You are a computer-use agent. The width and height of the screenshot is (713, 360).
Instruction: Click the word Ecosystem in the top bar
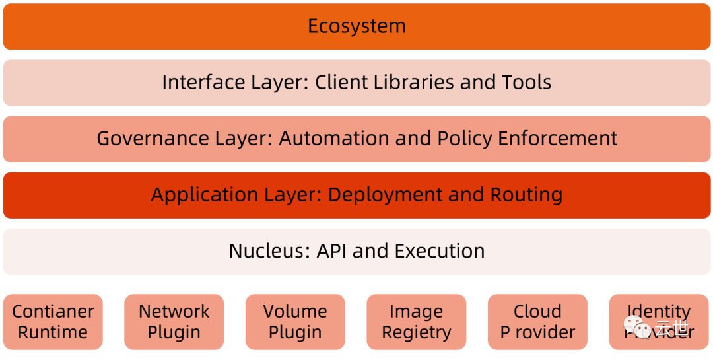(356, 26)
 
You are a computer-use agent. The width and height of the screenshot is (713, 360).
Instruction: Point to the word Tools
(525, 83)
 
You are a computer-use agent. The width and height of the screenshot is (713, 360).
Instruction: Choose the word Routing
(526, 196)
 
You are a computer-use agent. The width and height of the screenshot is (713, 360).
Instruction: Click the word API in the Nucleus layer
(333, 252)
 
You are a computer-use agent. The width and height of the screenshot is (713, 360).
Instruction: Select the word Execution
(440, 252)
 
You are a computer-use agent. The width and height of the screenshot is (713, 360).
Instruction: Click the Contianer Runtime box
(53, 322)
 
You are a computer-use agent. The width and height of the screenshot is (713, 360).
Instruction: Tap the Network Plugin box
(174, 322)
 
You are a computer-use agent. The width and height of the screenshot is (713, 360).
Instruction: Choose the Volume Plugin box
(295, 322)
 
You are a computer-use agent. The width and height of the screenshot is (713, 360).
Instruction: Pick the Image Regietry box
(417, 322)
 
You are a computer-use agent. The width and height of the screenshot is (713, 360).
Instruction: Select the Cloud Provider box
(537, 322)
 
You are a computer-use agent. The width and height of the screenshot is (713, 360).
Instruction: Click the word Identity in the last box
(659, 311)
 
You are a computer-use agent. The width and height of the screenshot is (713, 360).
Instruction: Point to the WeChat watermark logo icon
(638, 327)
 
